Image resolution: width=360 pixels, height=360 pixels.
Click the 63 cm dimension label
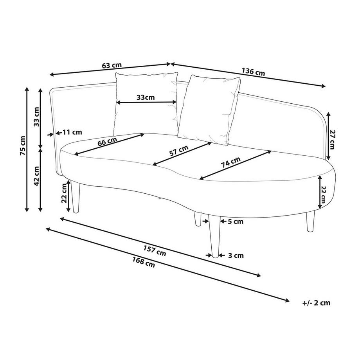[x=111, y=65]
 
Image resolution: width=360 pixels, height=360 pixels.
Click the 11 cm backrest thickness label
[x=71, y=132]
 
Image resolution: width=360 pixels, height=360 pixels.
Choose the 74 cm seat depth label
[x=231, y=162]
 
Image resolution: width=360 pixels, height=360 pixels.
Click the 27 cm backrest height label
[x=332, y=139]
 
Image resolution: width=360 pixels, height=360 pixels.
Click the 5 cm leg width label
[x=236, y=222]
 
